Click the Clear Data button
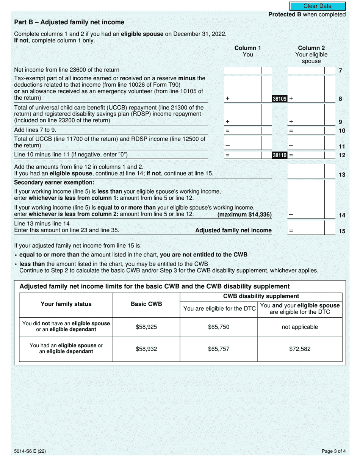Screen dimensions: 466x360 click(x=318, y=6)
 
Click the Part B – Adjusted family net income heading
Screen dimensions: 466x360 click(x=69, y=22)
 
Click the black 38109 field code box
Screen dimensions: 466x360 click(x=280, y=99)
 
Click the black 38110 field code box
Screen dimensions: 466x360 click(x=280, y=155)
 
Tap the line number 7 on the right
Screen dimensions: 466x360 click(x=340, y=71)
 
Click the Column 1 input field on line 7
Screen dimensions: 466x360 click(x=243, y=70)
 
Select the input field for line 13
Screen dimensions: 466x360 click(x=306, y=171)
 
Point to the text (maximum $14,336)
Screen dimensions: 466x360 click(x=244, y=215)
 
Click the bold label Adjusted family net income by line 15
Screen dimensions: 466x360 click(x=233, y=230)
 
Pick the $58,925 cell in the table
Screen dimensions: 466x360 click(x=146, y=327)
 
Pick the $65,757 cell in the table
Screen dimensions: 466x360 click(x=219, y=349)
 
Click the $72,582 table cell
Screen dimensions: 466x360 click(x=300, y=349)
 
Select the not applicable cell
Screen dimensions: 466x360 click(x=300, y=327)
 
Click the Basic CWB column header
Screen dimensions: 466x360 click(x=146, y=304)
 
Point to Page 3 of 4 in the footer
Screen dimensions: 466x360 click(x=333, y=451)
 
